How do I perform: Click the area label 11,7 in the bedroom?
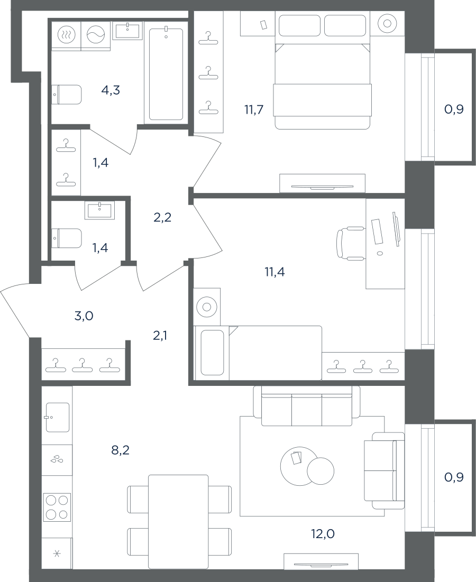pos(253,110)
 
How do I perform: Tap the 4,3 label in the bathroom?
pos(111,90)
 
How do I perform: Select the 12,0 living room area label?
pos(323,534)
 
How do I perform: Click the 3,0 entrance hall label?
pos(84,316)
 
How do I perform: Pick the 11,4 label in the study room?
pos(275,272)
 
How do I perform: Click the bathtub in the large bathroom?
pos(166,75)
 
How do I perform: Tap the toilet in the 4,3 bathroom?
pos(66,95)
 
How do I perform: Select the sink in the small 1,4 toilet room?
pos(100,211)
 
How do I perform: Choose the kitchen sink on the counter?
pos(58,417)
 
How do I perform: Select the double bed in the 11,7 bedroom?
pos(323,70)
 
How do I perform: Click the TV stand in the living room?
pos(321,561)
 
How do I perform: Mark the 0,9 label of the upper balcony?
pos(454,109)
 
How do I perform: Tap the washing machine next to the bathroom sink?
pos(96,35)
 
